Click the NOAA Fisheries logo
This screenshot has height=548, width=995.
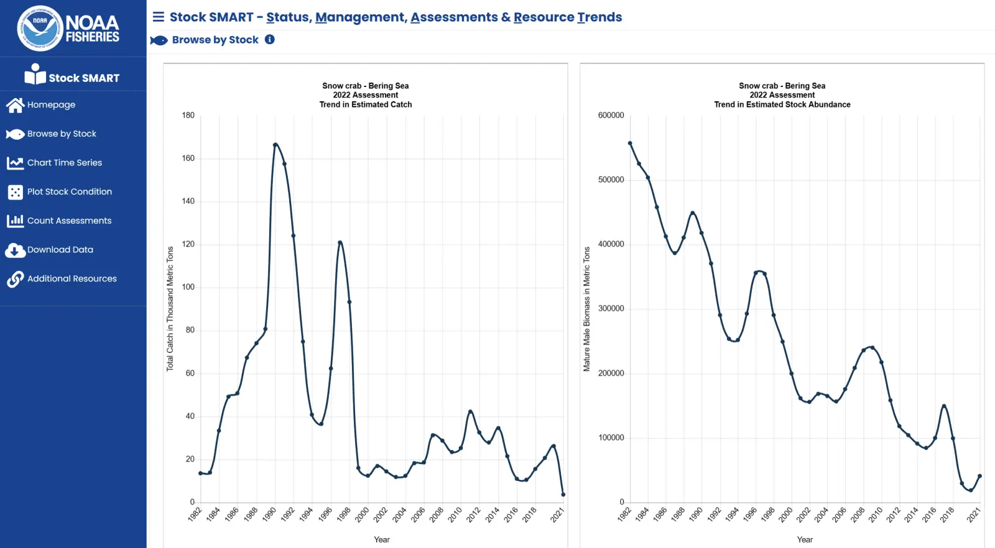pos(68,29)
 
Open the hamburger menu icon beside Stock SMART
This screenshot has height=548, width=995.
pos(159,17)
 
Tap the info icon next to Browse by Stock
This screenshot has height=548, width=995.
pos(270,39)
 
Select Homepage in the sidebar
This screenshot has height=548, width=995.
pos(51,105)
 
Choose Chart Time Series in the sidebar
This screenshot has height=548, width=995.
pos(64,163)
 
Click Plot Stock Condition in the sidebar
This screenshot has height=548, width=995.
pos(69,192)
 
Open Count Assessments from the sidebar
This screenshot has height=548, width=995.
pos(69,221)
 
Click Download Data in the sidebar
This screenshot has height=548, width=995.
pos(60,250)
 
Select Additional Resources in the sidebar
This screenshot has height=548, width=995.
pos(72,279)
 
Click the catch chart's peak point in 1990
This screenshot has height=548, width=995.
pos(275,145)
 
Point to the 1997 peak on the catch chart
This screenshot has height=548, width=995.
pos(340,242)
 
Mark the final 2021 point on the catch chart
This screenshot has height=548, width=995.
pos(563,495)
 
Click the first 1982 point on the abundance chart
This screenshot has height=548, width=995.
pos(630,143)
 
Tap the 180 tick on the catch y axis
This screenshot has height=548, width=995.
pos(188,115)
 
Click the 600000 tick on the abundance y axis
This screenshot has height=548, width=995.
pos(611,115)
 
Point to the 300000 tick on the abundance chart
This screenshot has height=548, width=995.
pos(611,309)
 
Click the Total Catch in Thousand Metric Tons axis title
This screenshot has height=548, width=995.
pos(170,309)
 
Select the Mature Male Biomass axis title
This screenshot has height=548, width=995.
pos(586,309)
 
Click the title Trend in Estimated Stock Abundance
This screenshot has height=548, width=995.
pos(782,104)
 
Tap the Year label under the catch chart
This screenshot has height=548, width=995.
pos(382,539)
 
